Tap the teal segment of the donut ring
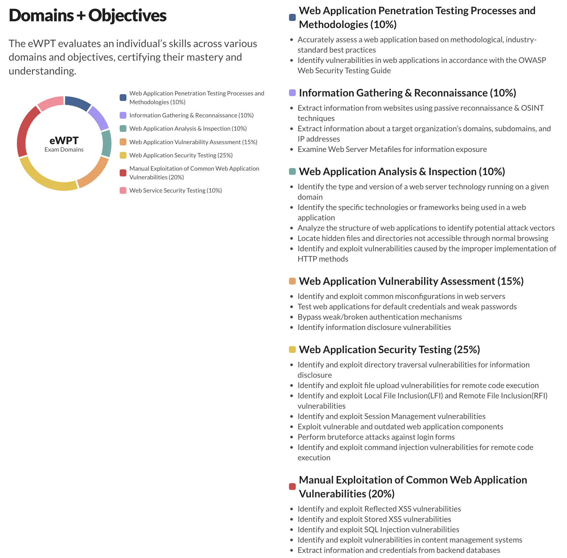[106, 144]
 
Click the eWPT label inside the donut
[64, 141]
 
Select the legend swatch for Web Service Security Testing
[123, 190]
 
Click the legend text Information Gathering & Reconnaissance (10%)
[191, 115]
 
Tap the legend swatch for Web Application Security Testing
[123, 155]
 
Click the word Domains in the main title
[41, 15]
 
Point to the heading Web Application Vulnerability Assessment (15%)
[411, 281]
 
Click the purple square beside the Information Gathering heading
[292, 93]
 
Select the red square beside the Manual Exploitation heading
[292, 486]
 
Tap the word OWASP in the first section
[532, 60]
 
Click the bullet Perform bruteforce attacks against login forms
[376, 437]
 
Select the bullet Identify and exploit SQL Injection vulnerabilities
[378, 530]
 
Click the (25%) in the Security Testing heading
[467, 350]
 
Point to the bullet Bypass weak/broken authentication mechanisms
[380, 317]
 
